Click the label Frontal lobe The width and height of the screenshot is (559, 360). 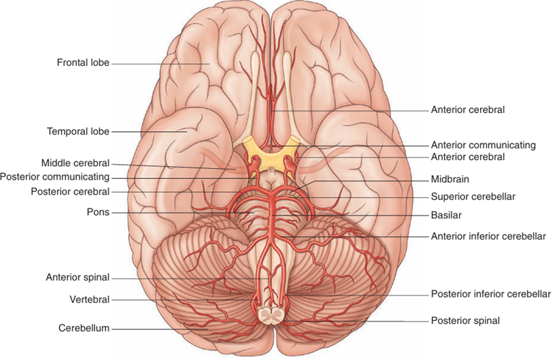tap(83, 63)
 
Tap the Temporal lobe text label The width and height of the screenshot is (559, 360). tap(78, 131)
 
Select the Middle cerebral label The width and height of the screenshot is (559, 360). tap(75, 163)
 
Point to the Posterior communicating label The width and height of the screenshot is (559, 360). tap(54, 177)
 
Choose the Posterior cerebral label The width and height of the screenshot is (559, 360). tap(70, 192)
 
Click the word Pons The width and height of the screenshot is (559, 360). tap(98, 212)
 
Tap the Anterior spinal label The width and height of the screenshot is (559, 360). tap(78, 277)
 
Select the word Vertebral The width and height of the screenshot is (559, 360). tap(90, 299)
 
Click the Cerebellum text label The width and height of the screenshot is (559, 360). tap(84, 328)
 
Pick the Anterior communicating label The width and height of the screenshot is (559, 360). tap(483, 145)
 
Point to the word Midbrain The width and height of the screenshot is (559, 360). tap(450, 179)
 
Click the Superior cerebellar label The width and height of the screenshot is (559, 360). tap(473, 197)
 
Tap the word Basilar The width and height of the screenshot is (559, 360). tap(446, 215)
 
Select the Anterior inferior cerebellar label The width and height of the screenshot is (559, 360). tap(488, 236)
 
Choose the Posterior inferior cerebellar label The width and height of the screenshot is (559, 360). tap(491, 294)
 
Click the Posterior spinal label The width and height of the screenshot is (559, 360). tap(465, 321)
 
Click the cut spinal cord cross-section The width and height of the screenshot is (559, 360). tap(271, 316)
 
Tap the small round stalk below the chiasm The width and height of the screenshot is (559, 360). tap(271, 169)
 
